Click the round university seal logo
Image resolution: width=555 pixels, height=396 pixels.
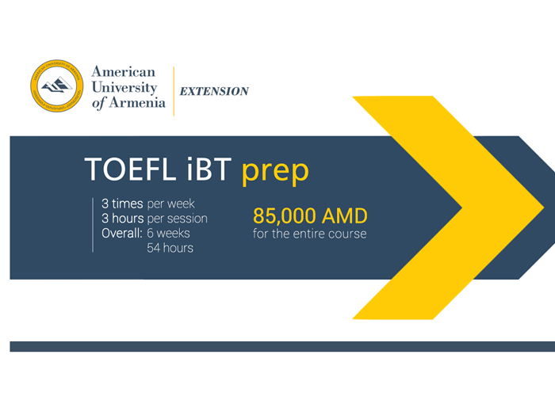pos(56,86)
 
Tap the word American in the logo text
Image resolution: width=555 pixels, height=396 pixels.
pos(123,72)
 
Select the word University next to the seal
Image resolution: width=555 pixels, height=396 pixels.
pos(124,87)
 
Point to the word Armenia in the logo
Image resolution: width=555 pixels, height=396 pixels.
pos(137,102)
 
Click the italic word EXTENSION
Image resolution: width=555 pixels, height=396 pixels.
pos(214,91)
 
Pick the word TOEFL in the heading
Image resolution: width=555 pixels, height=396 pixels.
pos(130,169)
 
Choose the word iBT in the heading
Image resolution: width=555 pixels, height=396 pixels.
pos(209,169)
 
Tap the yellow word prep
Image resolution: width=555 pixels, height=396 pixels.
pos(275,172)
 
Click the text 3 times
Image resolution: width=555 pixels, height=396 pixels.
pos(122,204)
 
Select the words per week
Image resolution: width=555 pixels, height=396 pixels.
pos(170,204)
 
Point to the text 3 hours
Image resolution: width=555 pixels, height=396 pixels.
pos(122,219)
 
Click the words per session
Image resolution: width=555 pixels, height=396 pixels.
pos(177,219)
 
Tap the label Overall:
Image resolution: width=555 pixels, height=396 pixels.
pos(122,234)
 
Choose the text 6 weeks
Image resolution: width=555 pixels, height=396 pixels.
pos(168,234)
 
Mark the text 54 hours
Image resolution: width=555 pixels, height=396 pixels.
pos(170,248)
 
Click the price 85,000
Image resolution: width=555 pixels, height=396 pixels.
pos(285,216)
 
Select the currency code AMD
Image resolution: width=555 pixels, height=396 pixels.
pos(344,216)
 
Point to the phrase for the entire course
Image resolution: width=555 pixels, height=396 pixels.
pos(310,234)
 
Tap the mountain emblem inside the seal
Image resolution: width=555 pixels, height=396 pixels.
pos(56,86)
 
